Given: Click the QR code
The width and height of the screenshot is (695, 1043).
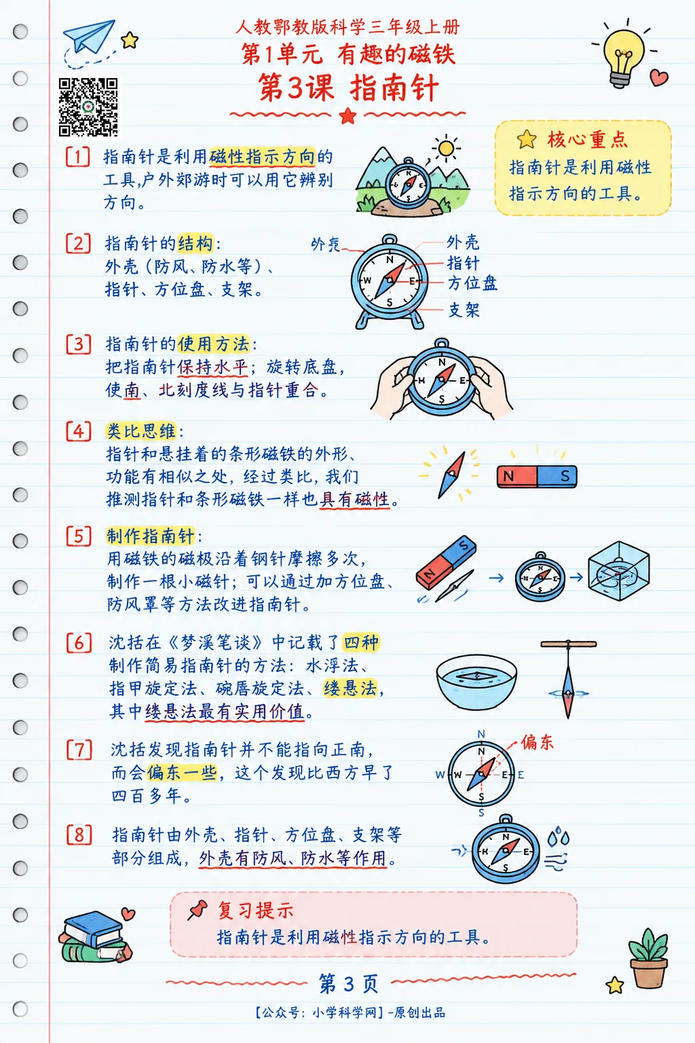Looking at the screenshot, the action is [x=88, y=107].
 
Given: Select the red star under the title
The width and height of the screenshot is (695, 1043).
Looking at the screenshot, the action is [x=347, y=115].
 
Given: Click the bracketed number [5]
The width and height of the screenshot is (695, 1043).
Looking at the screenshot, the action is [x=78, y=536].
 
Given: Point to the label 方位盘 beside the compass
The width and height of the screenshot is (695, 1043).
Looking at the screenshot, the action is [x=472, y=283].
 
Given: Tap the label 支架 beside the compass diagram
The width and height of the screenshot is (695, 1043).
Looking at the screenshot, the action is [x=464, y=310].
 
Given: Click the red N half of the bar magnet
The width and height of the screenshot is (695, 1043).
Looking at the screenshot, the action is [x=516, y=476].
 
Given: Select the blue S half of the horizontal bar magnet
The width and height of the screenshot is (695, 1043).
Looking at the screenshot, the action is [x=557, y=476].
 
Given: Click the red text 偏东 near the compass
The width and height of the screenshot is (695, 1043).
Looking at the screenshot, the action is [x=537, y=742].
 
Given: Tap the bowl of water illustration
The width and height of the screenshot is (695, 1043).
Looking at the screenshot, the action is [x=476, y=682].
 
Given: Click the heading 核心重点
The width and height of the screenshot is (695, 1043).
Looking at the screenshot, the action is [x=587, y=140].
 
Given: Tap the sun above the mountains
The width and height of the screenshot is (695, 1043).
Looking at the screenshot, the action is [x=445, y=149].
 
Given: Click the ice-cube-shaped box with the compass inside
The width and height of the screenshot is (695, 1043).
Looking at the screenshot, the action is [x=619, y=571].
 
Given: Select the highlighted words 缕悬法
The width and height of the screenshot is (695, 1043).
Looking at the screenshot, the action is [x=350, y=688].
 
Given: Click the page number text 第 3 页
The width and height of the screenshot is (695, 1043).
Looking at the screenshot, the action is [x=348, y=984].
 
